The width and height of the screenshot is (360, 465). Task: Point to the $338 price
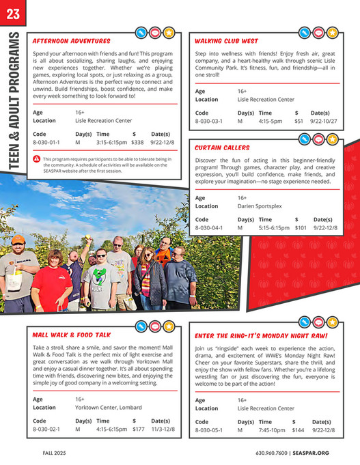coord(137,143)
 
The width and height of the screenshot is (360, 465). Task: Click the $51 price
coord(299,121)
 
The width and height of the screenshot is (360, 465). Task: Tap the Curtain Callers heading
coord(222,147)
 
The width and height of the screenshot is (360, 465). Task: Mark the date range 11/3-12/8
coord(163,430)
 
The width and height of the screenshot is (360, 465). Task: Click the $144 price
coord(298,430)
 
